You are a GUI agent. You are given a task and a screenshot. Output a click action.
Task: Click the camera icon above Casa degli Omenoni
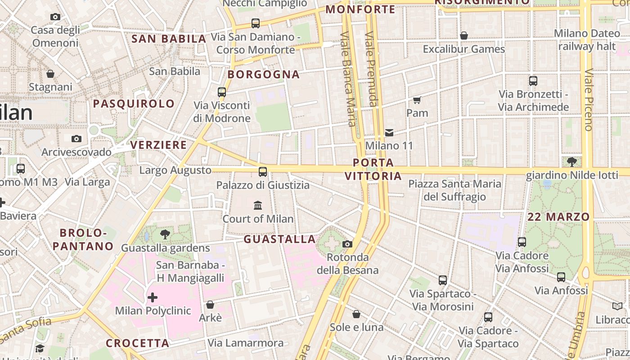pyautogui.click(x=55, y=17)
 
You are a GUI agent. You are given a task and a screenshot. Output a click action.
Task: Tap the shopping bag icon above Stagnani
pyautogui.click(x=50, y=74)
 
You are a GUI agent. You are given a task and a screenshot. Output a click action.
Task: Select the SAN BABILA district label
pyautogui.click(x=169, y=39)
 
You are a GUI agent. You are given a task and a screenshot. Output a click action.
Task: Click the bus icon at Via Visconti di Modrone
pyautogui.click(x=222, y=92)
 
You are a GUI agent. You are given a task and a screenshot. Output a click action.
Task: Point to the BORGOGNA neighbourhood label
pyautogui.click(x=264, y=75)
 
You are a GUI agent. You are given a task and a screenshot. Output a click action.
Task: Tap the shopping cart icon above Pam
pyautogui.click(x=417, y=100)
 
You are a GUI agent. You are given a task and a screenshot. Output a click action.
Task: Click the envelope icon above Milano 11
pyautogui.click(x=389, y=133)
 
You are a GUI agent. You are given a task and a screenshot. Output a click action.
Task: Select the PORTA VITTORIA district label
pyautogui.click(x=373, y=169)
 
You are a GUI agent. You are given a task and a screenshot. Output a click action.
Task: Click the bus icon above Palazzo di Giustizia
pyautogui.click(x=263, y=172)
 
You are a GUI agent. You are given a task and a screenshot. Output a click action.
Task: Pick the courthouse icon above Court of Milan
pyautogui.click(x=258, y=206)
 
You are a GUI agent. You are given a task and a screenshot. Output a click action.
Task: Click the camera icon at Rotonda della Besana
pyautogui.click(x=347, y=244)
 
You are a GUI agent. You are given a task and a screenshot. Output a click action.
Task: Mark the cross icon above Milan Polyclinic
pyautogui.click(x=153, y=297)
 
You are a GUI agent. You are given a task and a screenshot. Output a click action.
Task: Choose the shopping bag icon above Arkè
pyautogui.click(x=210, y=305)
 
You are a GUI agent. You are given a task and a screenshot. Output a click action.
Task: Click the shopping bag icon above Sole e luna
pyautogui.click(x=356, y=314)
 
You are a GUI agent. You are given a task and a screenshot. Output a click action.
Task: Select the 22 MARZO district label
pyautogui.click(x=558, y=217)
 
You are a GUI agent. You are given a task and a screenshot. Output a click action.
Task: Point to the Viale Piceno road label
pyautogui.click(x=589, y=100)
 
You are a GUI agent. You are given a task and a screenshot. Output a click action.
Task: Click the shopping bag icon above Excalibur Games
pyautogui.click(x=464, y=36)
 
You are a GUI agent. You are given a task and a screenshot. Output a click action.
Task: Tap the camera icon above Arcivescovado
pyautogui.click(x=76, y=139)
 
